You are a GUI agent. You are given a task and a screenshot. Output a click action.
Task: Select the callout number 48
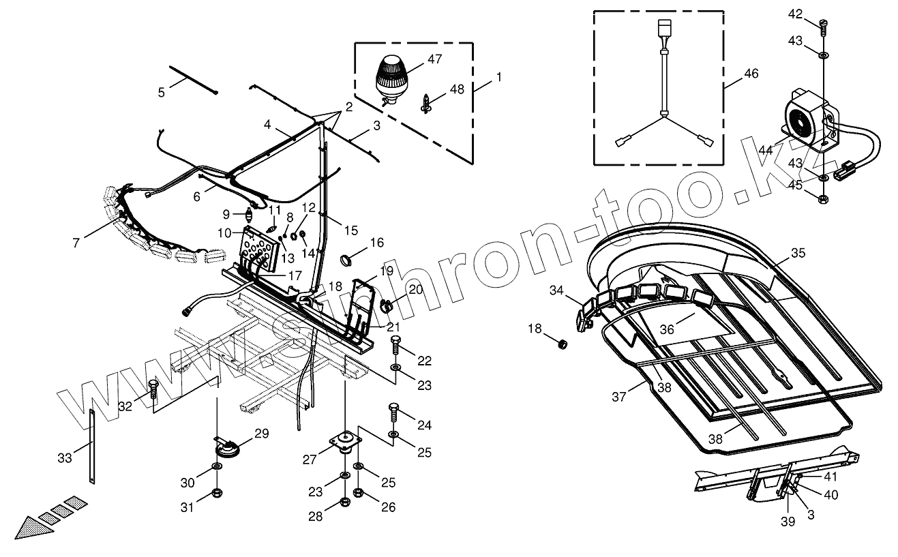coord(457,89)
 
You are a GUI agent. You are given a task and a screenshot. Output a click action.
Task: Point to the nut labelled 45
coord(822,199)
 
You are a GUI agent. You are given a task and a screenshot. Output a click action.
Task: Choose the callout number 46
coord(751,73)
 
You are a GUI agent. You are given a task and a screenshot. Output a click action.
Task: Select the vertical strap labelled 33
coord(93,447)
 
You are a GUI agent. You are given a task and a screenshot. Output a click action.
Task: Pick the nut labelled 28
coord(345,504)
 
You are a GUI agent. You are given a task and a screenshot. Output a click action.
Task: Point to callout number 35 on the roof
coord(798,253)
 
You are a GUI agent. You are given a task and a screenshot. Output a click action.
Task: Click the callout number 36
coord(666,329)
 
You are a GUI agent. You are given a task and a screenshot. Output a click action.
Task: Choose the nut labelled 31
coord(216,492)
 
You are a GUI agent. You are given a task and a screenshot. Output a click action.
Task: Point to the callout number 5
coord(161,92)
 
